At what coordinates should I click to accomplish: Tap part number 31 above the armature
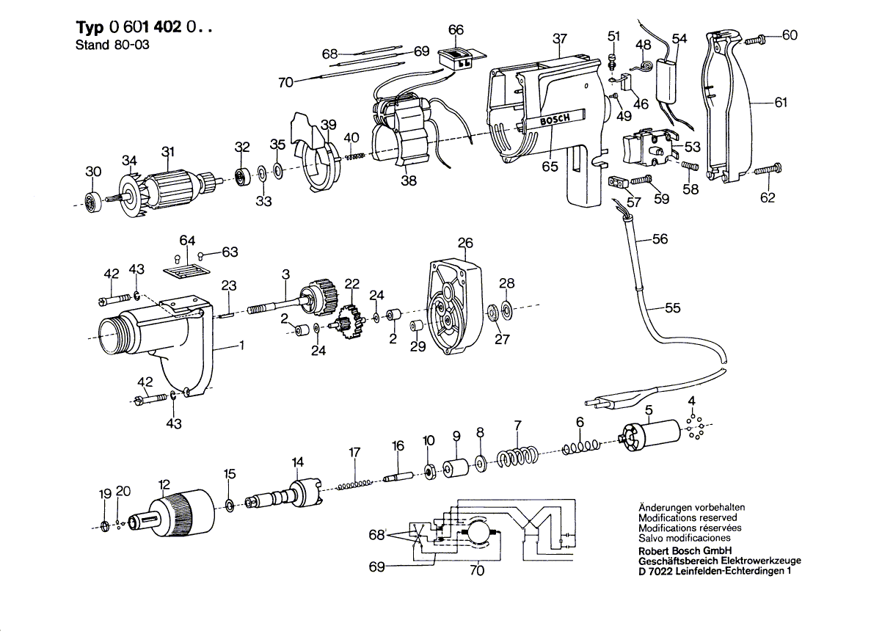168,152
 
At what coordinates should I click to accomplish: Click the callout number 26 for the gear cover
465,243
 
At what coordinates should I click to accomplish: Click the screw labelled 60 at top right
756,40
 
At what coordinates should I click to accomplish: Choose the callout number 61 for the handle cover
780,102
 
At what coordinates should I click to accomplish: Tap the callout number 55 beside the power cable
672,307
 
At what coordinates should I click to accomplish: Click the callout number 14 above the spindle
297,462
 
